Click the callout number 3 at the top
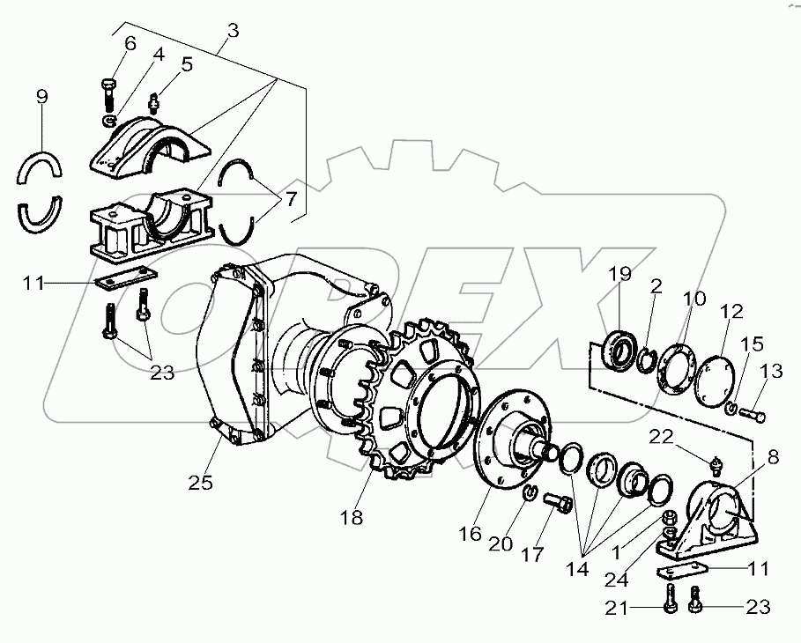point(232,31)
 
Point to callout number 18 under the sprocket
point(351,518)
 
